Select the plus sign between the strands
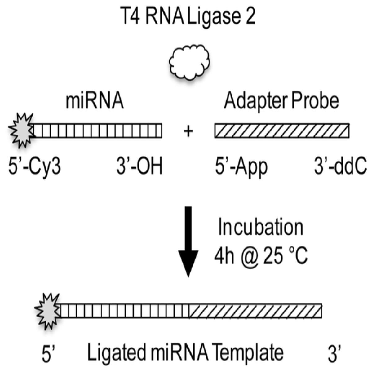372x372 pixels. [x=188, y=132]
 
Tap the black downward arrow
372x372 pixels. [x=188, y=241]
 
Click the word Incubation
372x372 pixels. [x=261, y=227]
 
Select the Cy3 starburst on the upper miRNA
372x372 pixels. [x=22, y=131]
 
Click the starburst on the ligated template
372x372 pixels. [x=48, y=312]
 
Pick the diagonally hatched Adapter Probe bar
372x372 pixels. [x=282, y=131]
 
